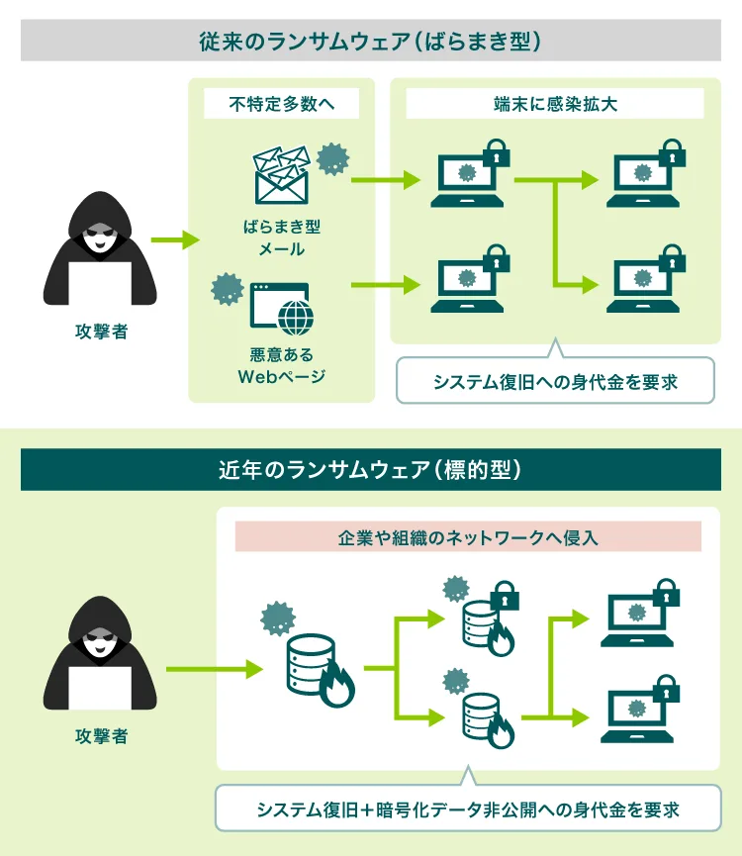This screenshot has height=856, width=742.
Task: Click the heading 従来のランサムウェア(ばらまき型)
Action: (x=371, y=42)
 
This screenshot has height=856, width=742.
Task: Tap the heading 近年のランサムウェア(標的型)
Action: (x=371, y=470)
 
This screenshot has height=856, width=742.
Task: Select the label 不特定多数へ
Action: (x=281, y=104)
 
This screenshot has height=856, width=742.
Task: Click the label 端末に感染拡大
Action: (x=555, y=104)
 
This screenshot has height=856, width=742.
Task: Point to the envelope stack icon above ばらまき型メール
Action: (x=281, y=175)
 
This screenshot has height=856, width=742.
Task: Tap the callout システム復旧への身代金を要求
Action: (x=555, y=381)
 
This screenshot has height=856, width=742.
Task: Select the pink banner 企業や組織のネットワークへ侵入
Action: (x=468, y=537)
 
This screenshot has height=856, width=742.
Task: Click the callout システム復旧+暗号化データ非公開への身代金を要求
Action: (x=468, y=809)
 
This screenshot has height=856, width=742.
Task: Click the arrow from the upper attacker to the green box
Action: (x=174, y=240)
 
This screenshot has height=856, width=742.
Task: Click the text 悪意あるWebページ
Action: (x=281, y=365)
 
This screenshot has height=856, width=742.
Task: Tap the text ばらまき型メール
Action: (x=281, y=238)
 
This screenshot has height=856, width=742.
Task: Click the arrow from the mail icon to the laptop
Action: (x=385, y=181)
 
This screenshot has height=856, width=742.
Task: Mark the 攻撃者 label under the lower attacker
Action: (x=101, y=736)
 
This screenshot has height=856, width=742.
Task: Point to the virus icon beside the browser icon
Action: (x=229, y=289)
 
